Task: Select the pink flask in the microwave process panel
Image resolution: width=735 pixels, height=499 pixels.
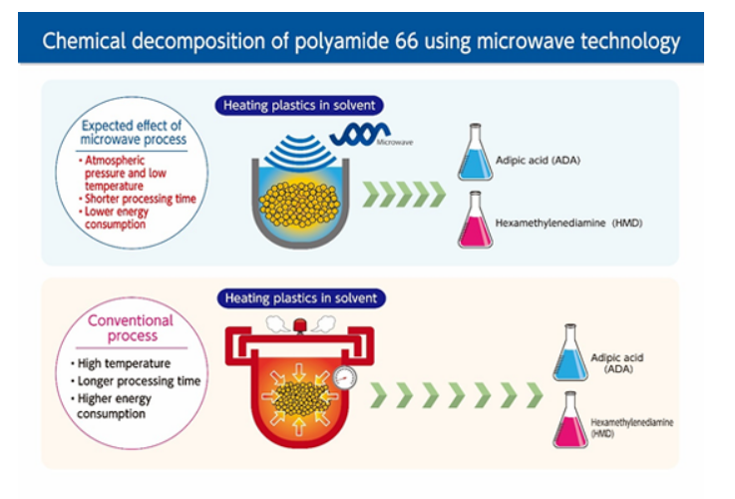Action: [475, 224]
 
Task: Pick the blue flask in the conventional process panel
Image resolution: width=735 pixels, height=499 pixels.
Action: [571, 355]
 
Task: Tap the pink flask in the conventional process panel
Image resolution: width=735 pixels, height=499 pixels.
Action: [571, 423]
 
